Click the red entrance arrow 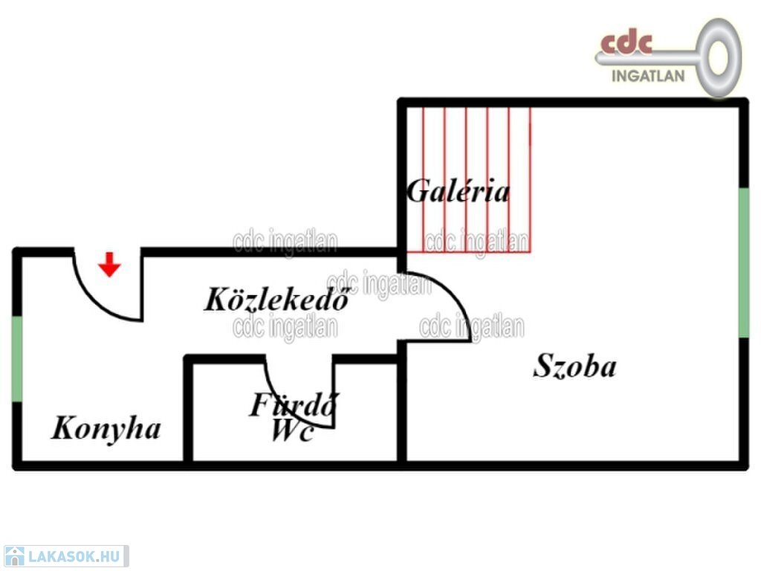tap(109, 265)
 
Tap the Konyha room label tap(106, 429)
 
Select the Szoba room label tap(574, 366)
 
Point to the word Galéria tap(458, 191)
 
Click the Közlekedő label tap(276, 299)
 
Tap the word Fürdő tap(294, 404)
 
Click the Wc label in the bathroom tap(292, 430)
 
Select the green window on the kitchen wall tap(17, 359)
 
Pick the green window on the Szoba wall tap(743, 262)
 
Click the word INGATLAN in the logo tap(648, 77)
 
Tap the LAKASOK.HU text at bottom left tap(74, 556)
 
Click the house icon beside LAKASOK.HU tap(14, 556)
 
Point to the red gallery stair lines tap(468, 180)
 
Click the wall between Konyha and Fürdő tap(188, 410)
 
